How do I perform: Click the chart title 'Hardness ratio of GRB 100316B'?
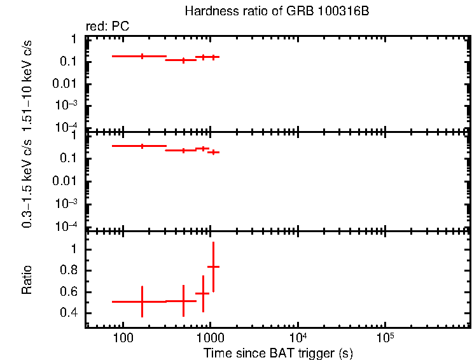coord(277,11)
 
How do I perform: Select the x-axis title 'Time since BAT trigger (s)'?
coord(278,352)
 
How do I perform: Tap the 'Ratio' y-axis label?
coord(27,280)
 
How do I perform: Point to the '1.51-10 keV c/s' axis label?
coord(27,83)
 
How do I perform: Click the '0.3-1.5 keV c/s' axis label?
coord(27,182)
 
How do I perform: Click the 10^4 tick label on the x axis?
coord(297,336)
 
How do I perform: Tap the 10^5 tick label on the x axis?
coord(384,336)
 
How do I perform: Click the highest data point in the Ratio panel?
coord(214,267)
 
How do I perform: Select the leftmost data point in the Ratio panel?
coord(142,301)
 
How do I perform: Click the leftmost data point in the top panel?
coord(142,56)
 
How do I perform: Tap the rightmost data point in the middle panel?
coord(214,152)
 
